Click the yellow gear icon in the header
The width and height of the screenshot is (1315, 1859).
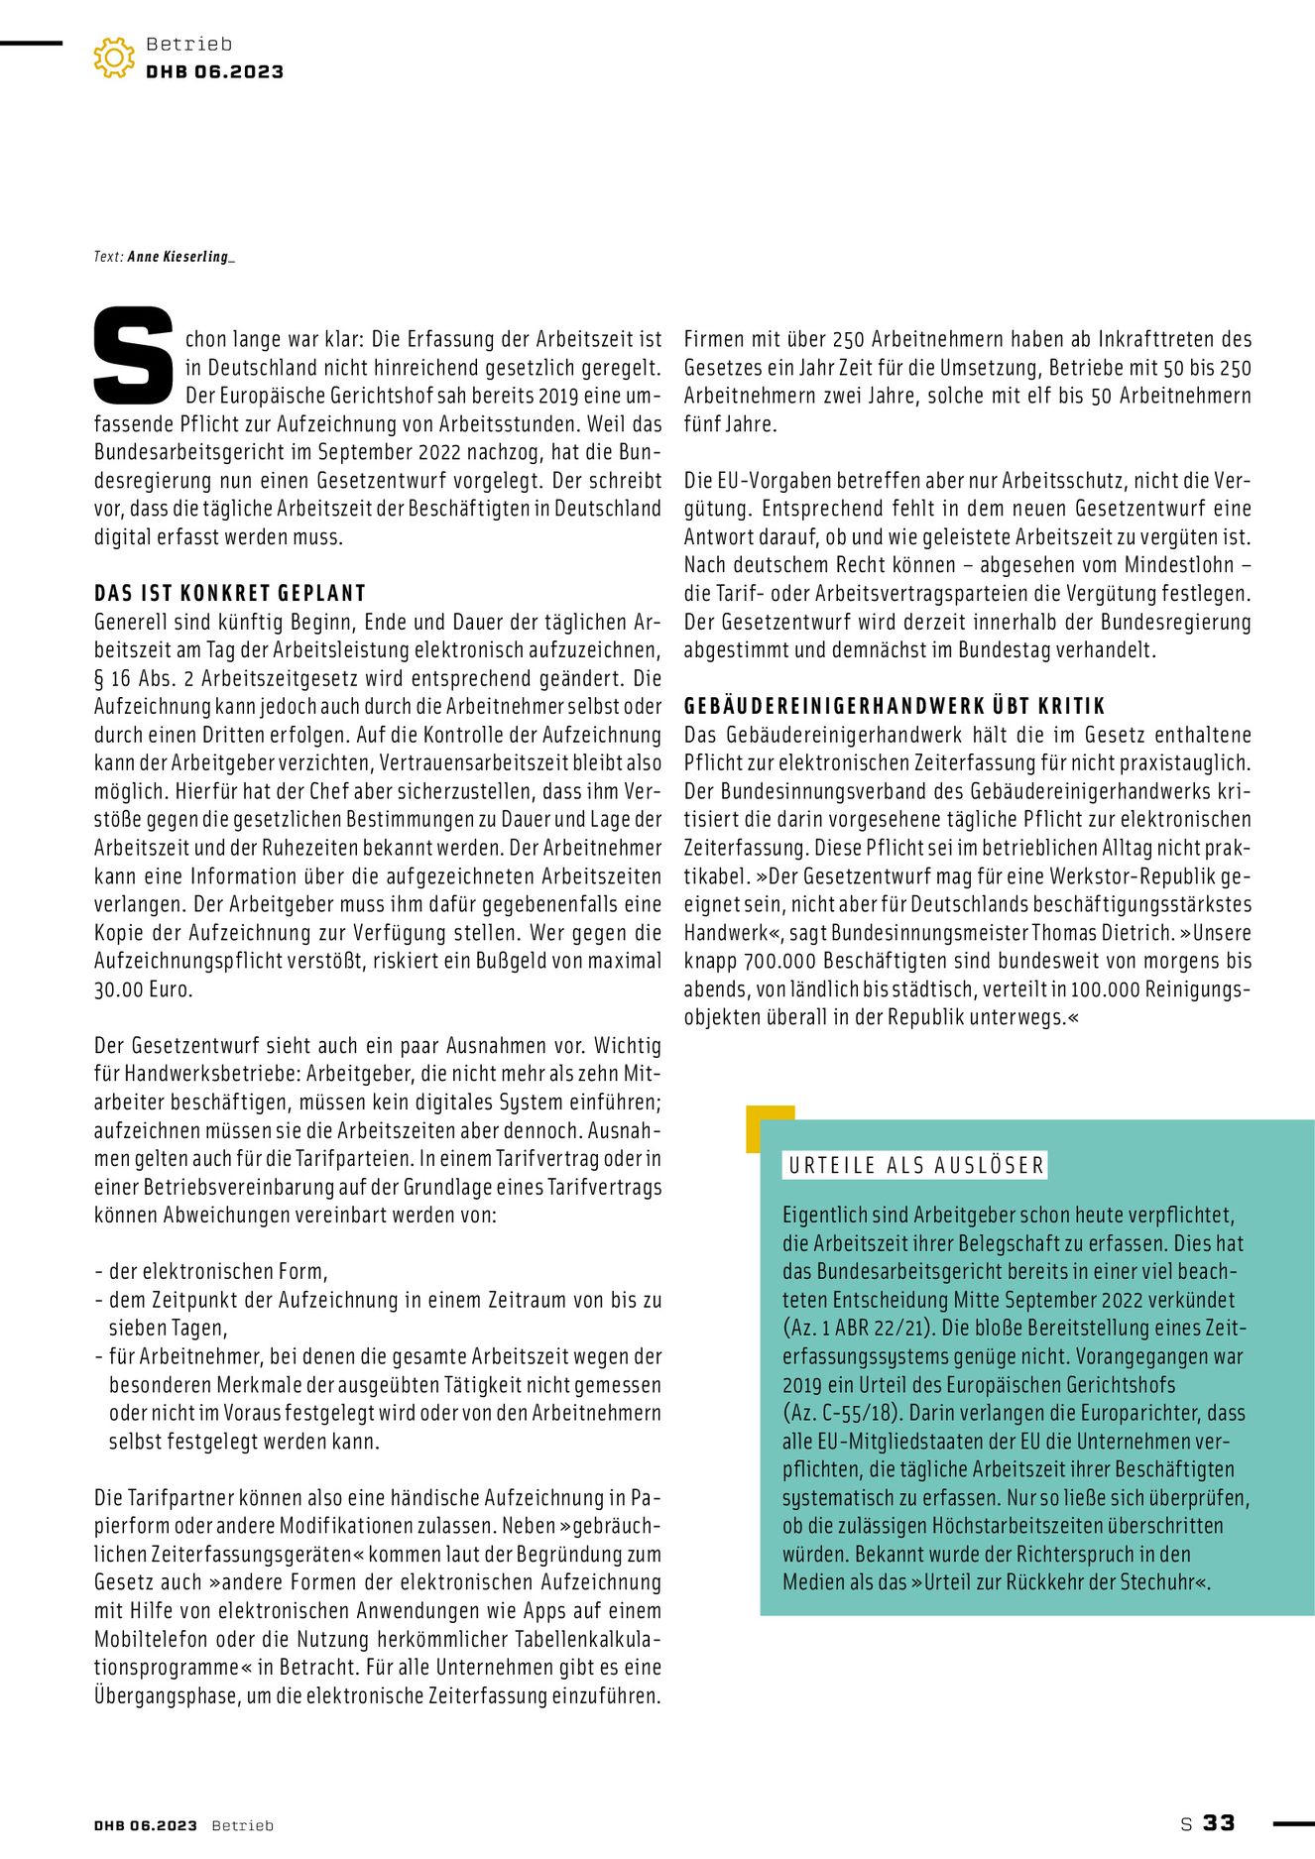pos(114,58)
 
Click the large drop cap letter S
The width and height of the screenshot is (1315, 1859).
pos(133,356)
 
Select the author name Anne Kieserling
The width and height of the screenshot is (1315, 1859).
pos(180,257)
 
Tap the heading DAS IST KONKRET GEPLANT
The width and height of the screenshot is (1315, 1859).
pos(230,593)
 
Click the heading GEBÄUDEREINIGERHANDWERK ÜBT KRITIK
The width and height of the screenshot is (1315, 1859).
pos(895,706)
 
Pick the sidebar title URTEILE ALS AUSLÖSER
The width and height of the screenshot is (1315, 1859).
pos(916,1165)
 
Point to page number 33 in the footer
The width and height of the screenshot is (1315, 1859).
pos(1219,1822)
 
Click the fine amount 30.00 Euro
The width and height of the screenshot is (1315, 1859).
pos(144,989)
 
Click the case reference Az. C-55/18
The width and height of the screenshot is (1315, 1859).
pos(840,1413)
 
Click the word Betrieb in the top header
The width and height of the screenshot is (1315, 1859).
pos(188,44)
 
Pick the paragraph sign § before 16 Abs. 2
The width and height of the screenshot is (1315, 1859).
pos(99,679)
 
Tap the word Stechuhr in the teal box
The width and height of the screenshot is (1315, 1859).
pos(1156,1582)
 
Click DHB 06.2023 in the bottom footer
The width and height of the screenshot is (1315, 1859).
pos(146,1825)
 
